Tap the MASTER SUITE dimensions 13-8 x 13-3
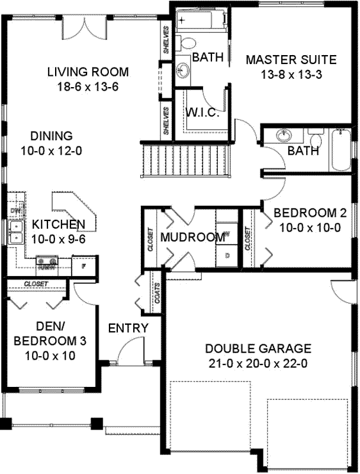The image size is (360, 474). point(291,75)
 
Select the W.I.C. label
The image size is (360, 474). point(203,113)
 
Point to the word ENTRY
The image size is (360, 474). point(128,328)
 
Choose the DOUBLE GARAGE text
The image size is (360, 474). point(258,348)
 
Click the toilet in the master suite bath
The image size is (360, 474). point(188,43)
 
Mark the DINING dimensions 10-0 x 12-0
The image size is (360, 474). point(52,150)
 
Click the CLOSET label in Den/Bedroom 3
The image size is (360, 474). point(36,284)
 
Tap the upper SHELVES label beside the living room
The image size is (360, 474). point(166,40)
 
